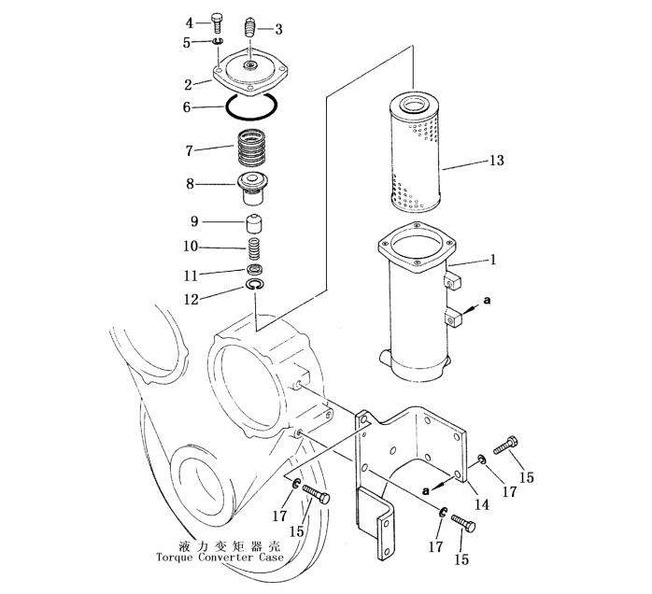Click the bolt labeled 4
pos(216,23)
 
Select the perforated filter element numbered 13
pos(415,153)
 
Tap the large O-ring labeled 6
pos(251,107)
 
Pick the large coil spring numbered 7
pos(251,148)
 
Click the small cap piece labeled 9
pos(253,224)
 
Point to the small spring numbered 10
pos(254,248)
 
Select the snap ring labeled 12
pos(254,285)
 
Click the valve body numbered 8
pos(252,190)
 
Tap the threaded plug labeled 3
pos(249,27)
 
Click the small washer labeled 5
pos(218,41)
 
